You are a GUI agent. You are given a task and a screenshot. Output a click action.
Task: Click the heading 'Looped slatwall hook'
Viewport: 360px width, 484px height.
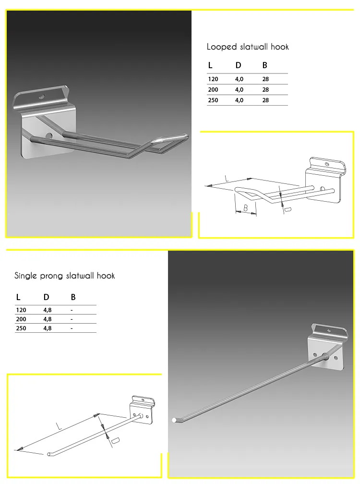click(247, 47)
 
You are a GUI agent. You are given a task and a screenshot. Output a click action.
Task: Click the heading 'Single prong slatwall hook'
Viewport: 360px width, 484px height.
click(65, 276)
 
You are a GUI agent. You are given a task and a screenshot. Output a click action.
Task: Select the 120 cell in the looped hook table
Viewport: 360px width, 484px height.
click(213, 79)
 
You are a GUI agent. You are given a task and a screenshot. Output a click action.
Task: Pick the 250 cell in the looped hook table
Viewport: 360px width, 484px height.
click(213, 100)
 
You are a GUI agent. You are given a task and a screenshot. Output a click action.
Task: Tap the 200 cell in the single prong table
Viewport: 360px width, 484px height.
click(21, 319)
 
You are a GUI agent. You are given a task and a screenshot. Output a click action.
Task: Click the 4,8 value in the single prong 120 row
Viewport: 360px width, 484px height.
click(48, 310)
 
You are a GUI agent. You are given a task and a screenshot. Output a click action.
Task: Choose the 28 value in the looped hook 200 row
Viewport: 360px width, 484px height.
click(266, 90)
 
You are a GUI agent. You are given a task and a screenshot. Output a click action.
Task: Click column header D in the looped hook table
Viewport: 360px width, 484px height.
click(238, 65)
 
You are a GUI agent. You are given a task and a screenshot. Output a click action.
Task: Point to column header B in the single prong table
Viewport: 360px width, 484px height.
click(73, 298)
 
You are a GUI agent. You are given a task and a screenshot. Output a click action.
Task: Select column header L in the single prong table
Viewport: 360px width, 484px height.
click(18, 298)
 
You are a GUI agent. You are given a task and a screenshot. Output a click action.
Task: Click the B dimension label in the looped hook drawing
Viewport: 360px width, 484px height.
click(245, 208)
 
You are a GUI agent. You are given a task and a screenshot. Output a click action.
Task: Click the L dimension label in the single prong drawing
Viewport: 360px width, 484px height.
click(59, 426)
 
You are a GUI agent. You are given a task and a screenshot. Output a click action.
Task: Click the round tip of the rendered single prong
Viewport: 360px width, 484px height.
click(174, 420)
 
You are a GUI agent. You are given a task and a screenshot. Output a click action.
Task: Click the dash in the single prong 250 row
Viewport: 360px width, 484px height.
click(72, 328)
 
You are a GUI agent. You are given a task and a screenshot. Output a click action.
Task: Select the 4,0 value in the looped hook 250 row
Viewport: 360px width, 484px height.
click(239, 100)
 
